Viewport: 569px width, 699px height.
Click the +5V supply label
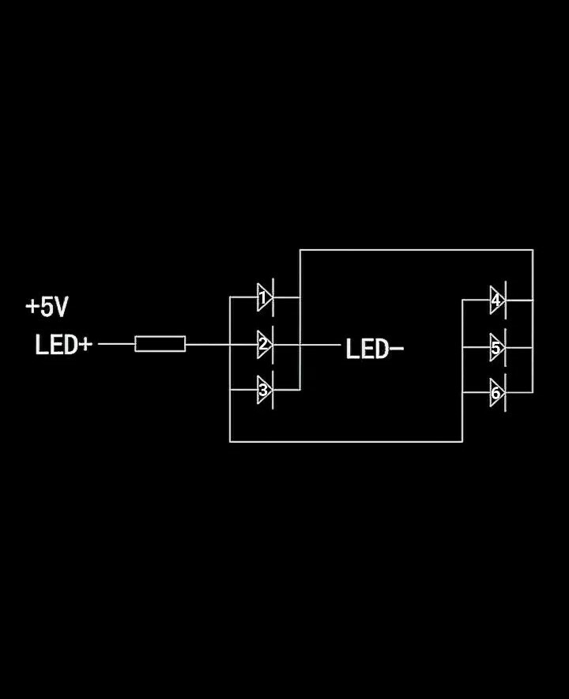47,308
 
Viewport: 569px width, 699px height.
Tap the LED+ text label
63,346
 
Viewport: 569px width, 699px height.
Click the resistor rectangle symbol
160,344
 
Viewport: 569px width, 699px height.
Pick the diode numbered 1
265,298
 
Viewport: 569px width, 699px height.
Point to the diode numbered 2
265,345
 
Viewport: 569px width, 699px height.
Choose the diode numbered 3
265,391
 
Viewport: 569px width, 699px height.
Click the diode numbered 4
497,300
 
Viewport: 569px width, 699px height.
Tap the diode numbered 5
497,347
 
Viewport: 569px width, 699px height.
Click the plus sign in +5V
32,307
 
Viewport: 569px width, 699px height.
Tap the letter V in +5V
60,308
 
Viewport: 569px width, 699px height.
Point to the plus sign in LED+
85,346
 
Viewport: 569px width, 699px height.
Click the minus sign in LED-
397,349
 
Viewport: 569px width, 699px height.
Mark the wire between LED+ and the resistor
116,344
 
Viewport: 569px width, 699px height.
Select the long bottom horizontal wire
345,441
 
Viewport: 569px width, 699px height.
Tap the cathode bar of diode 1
273,298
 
